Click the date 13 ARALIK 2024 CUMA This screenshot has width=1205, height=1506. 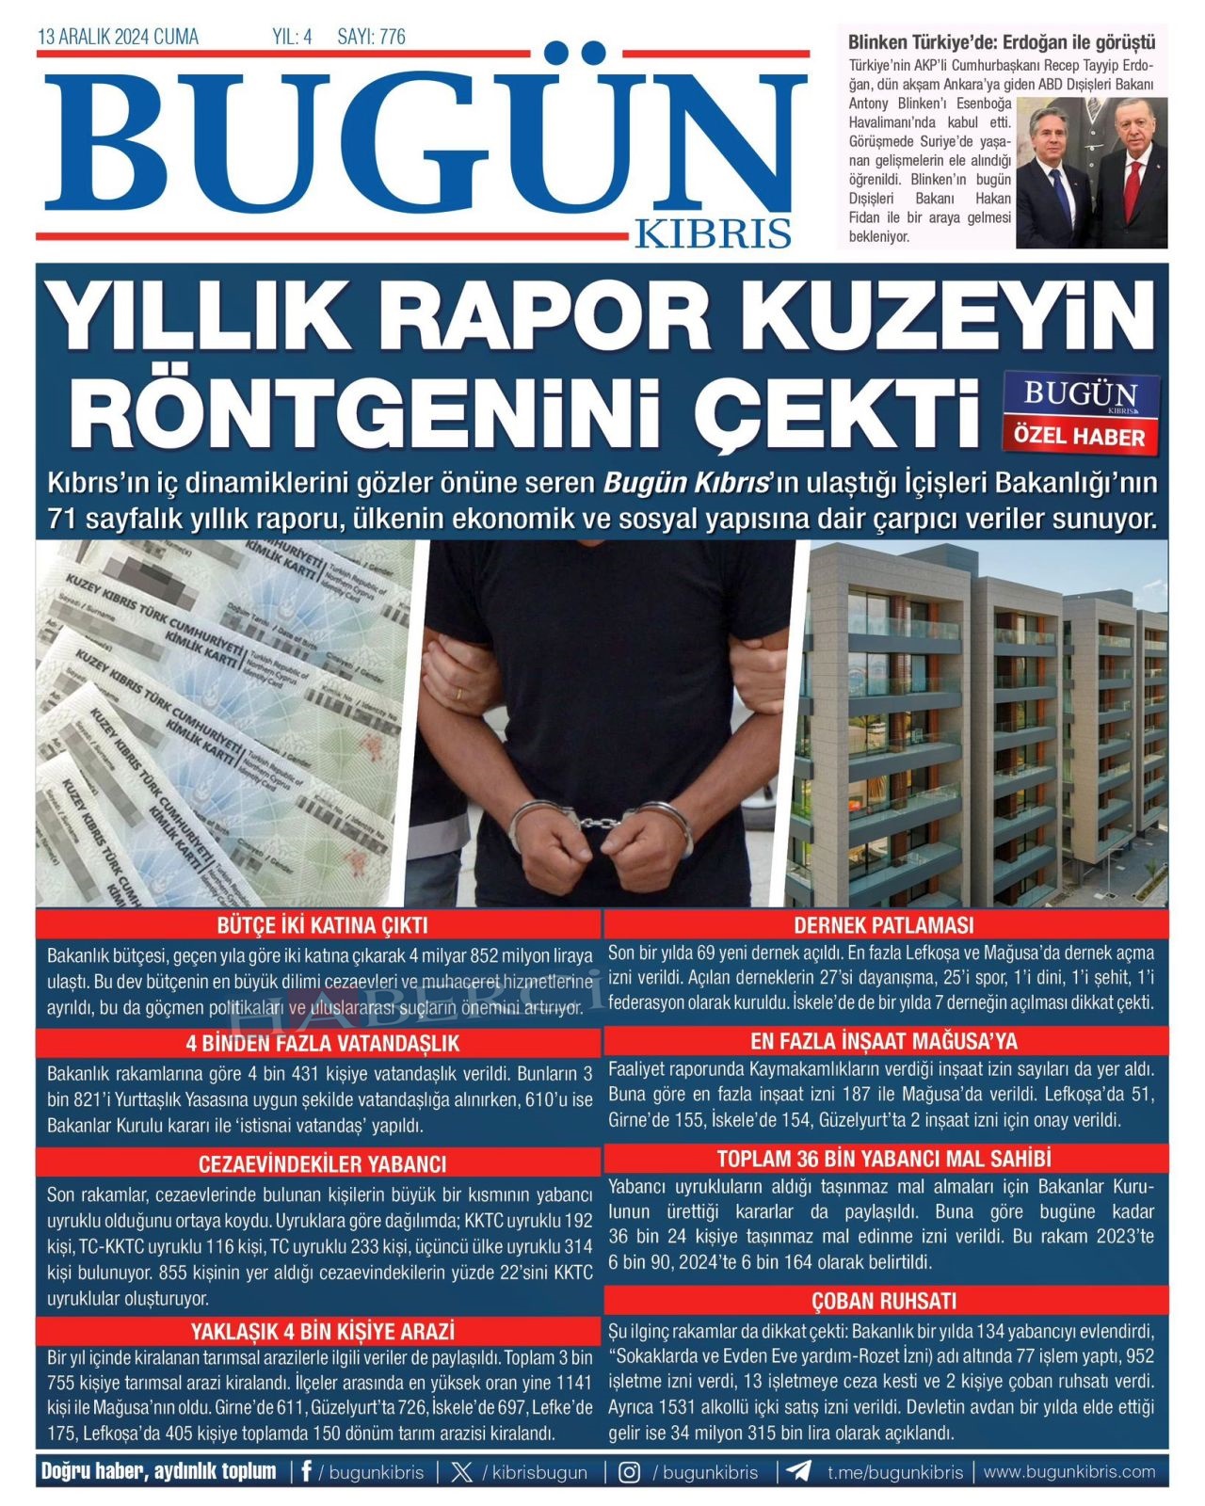click(x=118, y=38)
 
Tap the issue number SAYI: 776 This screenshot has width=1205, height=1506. click(x=371, y=38)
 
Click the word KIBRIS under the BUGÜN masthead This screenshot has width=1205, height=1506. click(x=713, y=232)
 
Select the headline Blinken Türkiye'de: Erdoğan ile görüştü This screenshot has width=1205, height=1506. click(x=1002, y=42)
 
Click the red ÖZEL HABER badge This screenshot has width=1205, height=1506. click(x=1079, y=437)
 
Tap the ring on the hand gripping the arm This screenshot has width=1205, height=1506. click(x=459, y=693)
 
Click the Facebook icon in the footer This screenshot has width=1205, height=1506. click(x=306, y=1472)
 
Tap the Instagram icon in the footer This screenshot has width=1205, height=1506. click(x=629, y=1472)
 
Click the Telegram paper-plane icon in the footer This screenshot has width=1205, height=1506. click(x=798, y=1472)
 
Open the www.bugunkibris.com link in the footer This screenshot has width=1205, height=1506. click(x=1068, y=1472)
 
